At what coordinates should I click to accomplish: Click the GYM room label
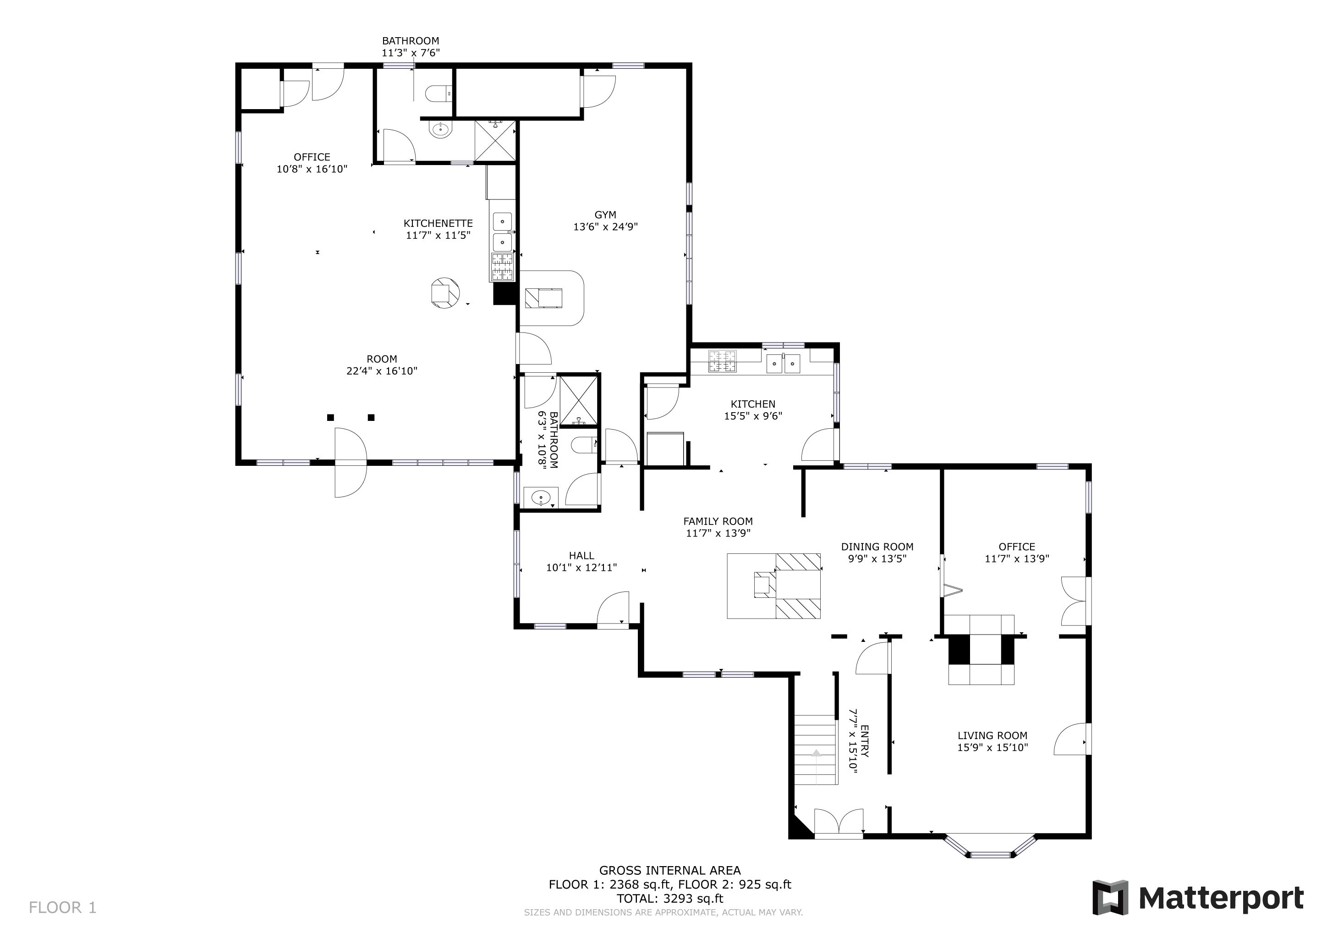pos(605,215)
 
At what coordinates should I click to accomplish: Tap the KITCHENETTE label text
pos(438,223)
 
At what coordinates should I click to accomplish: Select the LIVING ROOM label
pos(993,735)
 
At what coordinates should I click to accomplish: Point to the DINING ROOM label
pos(877,547)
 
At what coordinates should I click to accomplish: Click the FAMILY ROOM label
pos(718,521)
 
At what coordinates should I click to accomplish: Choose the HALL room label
pos(581,556)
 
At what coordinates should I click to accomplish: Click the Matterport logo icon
pos(1110,898)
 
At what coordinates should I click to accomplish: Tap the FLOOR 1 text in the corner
pos(62,908)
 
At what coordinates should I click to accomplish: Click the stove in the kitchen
pos(723,361)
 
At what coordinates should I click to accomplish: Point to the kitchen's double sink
pos(783,363)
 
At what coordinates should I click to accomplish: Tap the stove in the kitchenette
pos(502,267)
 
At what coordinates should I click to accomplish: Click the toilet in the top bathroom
pos(438,93)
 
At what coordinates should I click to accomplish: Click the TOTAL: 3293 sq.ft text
pos(670,899)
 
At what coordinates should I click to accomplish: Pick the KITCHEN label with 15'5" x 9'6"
pos(753,410)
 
